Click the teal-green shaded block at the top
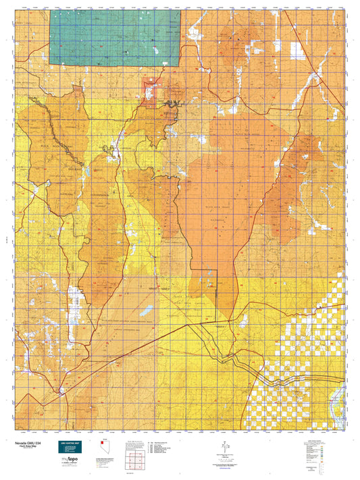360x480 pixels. (115, 37)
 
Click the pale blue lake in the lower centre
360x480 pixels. (147, 311)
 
